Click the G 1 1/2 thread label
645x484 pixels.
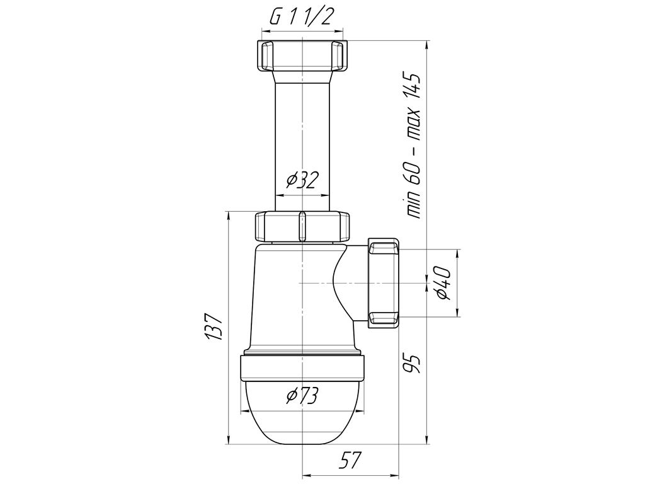click(300, 16)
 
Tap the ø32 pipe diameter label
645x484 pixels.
click(303, 180)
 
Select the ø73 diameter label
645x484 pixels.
click(303, 396)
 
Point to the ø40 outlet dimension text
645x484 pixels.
click(443, 283)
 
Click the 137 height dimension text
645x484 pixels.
click(214, 327)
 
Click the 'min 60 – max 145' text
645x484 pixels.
click(413, 146)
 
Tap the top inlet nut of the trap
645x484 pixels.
click(302, 56)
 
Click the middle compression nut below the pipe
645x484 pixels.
click(302, 226)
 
